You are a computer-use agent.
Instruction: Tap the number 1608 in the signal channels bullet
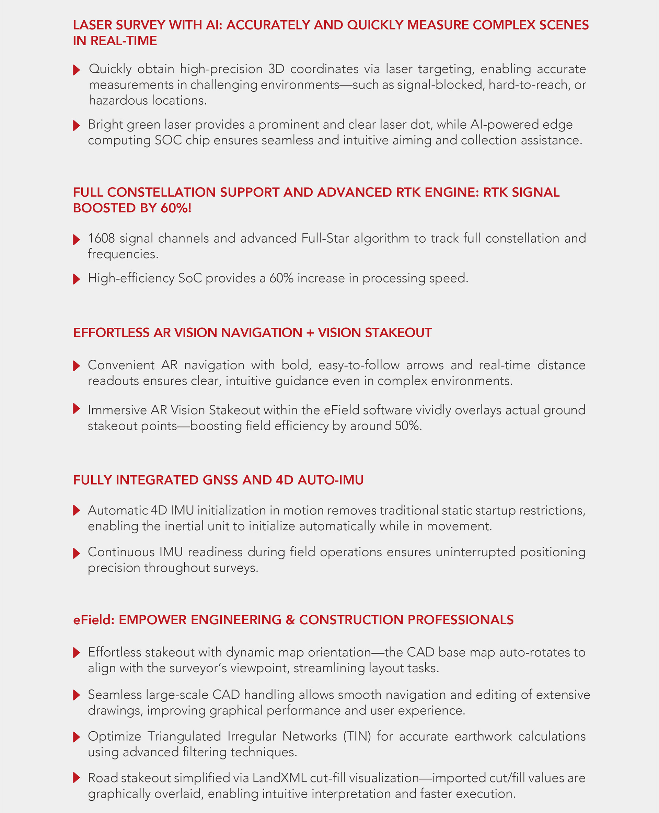[x=101, y=239]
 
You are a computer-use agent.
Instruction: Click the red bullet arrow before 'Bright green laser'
[x=76, y=125]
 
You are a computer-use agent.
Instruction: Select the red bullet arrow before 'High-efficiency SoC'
[x=76, y=279]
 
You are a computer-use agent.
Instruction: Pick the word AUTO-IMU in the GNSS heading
[x=330, y=480]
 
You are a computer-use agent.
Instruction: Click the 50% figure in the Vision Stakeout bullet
[x=407, y=426]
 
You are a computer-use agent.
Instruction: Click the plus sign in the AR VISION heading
[x=310, y=333]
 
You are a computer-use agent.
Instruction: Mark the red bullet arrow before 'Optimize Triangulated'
[x=76, y=737]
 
